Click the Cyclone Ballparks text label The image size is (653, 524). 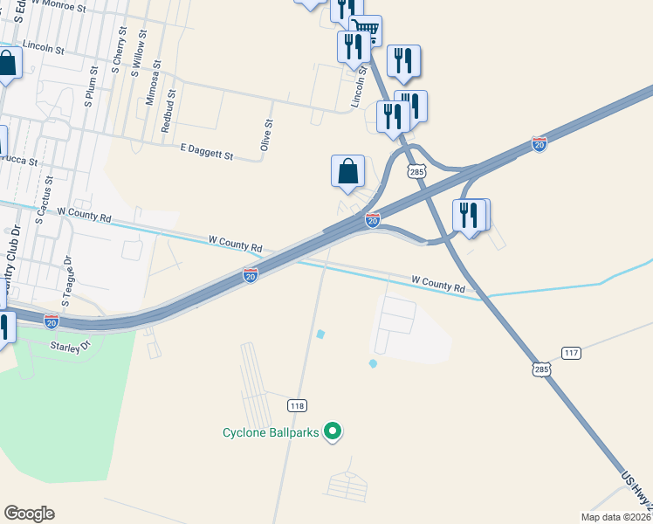pos(270,432)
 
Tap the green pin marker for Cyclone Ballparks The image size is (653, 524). pos(332,431)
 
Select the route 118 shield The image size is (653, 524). pos(297,405)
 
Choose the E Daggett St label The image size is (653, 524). pos(207,155)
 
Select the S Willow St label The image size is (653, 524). pos(136,56)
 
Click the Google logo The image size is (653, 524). pos(29,514)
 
